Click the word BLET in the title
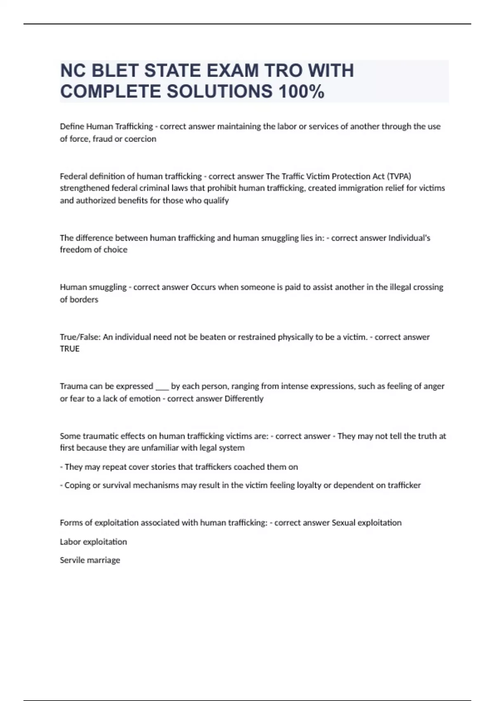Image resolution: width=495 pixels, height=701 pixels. pyautogui.click(x=114, y=71)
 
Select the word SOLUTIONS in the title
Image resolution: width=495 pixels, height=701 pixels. pyautogui.click(x=219, y=92)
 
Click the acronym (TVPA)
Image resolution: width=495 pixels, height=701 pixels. pyautogui.click(x=399, y=176)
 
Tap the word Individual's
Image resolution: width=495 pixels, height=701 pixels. pyautogui.click(x=409, y=238)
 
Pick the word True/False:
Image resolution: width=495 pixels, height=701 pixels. pyautogui.click(x=80, y=337)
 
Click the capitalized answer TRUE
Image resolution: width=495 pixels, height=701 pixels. pyautogui.click(x=70, y=349)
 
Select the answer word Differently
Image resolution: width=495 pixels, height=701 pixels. pyautogui.click(x=244, y=399)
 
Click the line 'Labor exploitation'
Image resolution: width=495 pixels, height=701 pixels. pyautogui.click(x=93, y=542)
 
